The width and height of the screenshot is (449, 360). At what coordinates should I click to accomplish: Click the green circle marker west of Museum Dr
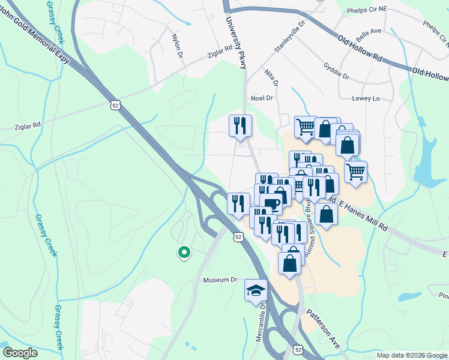point(184,253)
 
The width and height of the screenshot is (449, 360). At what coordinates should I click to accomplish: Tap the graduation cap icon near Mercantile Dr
point(256,291)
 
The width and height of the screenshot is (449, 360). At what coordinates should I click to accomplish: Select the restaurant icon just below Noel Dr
point(241,126)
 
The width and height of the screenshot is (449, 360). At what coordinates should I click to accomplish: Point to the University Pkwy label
point(235,43)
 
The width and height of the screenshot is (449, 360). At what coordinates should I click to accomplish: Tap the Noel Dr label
point(262,98)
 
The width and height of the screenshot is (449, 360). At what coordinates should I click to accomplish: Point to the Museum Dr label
point(221,280)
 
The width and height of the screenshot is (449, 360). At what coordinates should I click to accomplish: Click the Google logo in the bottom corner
point(19,352)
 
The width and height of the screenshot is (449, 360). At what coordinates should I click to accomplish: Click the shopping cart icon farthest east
point(355,172)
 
